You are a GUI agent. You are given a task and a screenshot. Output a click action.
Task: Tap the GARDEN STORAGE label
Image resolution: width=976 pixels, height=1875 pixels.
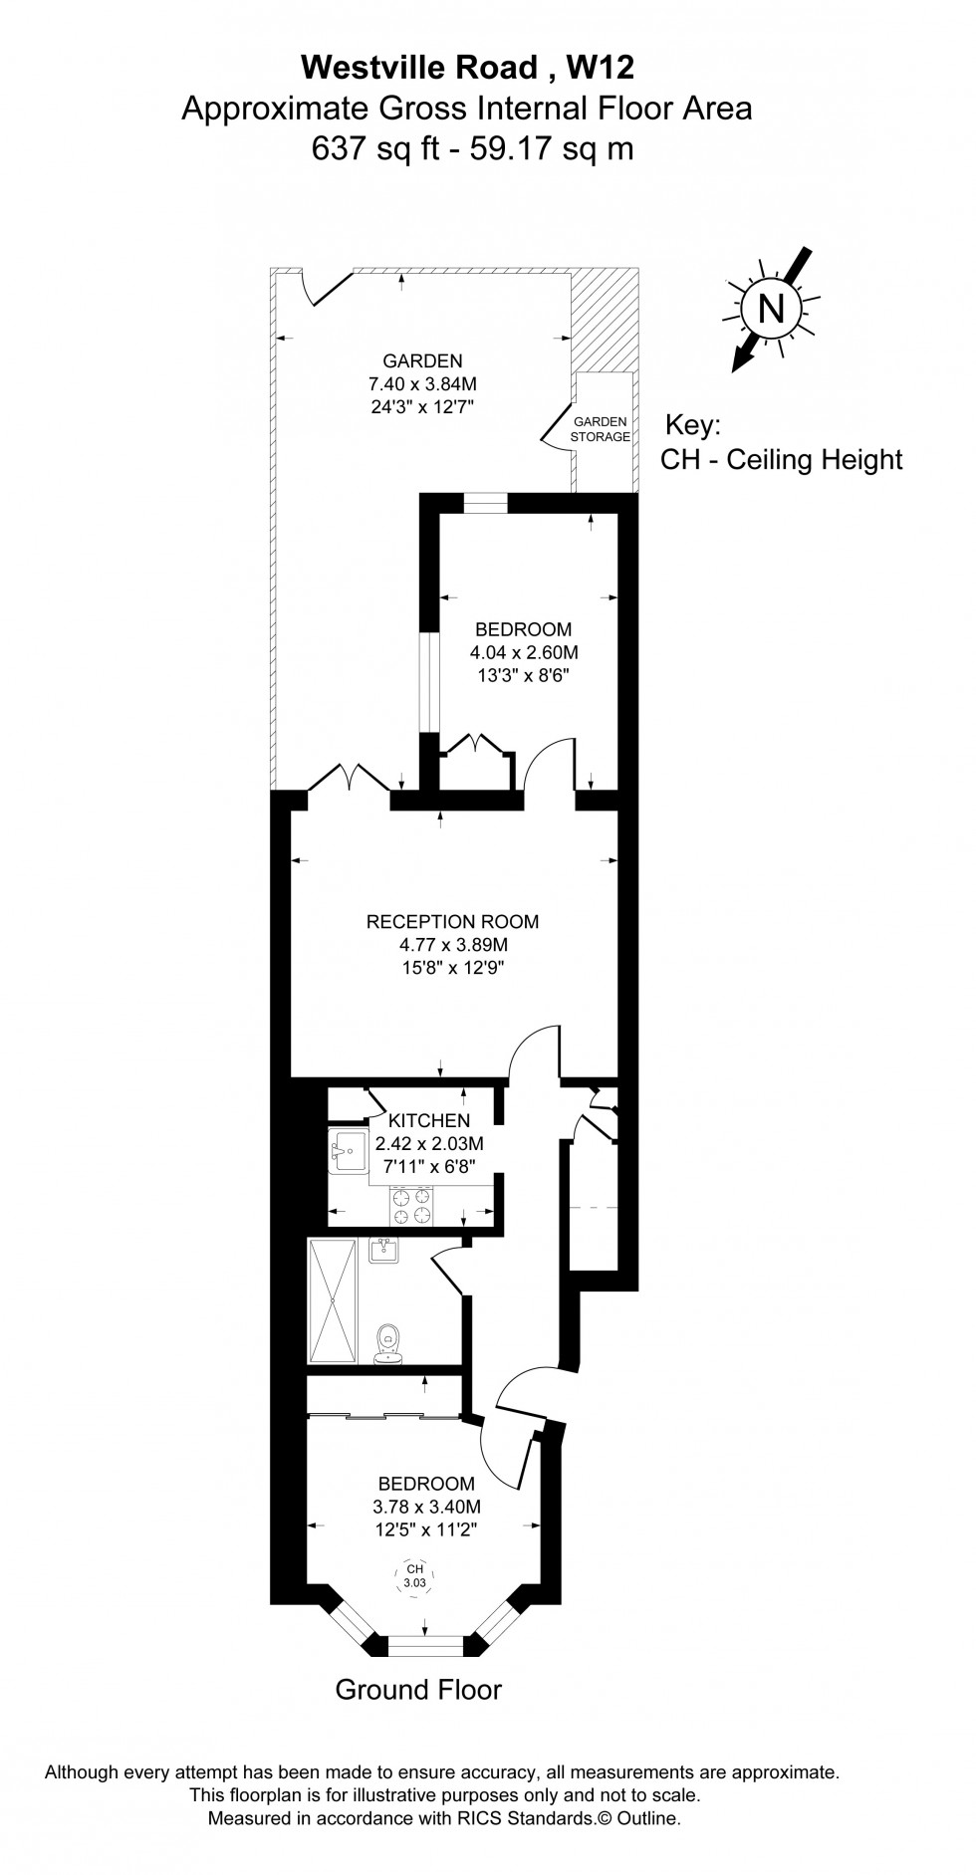coord(600,429)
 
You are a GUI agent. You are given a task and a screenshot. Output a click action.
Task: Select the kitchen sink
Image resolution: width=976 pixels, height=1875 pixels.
coord(348,1152)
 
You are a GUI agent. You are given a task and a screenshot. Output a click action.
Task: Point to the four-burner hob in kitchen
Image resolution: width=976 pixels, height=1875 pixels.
coord(412,1206)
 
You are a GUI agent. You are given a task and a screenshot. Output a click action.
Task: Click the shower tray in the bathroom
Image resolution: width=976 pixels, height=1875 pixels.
coord(332,1300)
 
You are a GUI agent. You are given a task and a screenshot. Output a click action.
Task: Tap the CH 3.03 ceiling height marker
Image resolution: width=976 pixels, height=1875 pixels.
coord(414,1575)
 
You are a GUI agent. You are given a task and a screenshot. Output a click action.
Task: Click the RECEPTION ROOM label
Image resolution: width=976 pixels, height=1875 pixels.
coord(453,921)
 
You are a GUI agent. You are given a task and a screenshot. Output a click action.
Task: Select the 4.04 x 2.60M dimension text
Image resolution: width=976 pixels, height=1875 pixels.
coord(524,653)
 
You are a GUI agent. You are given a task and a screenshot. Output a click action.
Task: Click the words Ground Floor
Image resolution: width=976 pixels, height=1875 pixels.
coord(418,1689)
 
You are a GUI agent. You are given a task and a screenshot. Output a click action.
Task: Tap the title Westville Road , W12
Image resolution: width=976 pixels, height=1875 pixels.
coord(467,67)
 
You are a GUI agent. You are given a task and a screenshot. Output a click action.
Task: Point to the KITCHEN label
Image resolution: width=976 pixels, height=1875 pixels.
coord(429,1120)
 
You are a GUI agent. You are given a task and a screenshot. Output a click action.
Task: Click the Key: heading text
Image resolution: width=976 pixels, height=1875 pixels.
coord(692,425)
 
